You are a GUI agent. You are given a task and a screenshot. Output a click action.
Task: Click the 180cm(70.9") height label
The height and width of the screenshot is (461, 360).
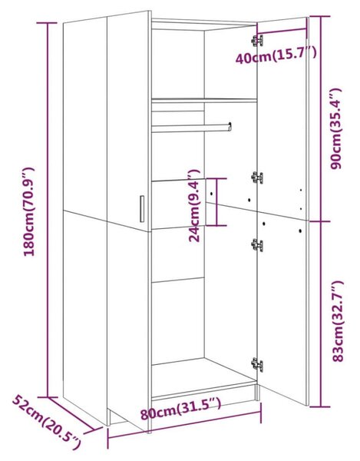29,212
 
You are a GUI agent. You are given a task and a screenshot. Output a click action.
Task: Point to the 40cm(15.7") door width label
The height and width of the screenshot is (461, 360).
276,55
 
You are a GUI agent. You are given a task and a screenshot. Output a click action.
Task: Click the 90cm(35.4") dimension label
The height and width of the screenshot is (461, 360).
335,128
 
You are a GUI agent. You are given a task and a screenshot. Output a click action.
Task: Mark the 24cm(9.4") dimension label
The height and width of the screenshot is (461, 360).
193,205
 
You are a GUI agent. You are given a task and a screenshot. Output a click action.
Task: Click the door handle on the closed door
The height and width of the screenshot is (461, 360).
142,208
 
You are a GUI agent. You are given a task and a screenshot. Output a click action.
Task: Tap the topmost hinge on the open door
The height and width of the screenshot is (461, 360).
257,41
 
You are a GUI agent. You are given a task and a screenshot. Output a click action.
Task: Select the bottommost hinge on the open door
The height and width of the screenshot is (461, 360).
257,365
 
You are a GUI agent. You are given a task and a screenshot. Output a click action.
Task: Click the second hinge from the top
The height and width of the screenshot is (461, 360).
257,177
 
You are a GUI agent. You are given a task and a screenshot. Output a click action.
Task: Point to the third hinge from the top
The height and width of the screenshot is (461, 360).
257,245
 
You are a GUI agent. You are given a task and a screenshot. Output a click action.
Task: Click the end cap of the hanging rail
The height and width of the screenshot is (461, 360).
230,127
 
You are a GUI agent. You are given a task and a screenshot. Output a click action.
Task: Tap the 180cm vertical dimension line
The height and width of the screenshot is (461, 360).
48,210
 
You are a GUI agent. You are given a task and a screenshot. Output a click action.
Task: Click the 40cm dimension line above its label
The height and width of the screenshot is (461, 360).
282,30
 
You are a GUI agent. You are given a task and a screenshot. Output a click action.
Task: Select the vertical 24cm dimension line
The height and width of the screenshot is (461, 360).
216,201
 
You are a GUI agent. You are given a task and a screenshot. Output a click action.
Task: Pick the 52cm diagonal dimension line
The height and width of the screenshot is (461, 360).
71,414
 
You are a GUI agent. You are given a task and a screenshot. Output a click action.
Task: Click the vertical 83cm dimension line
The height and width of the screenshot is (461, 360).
320,314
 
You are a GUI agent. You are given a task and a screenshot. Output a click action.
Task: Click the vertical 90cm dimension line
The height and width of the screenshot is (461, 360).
320,118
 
